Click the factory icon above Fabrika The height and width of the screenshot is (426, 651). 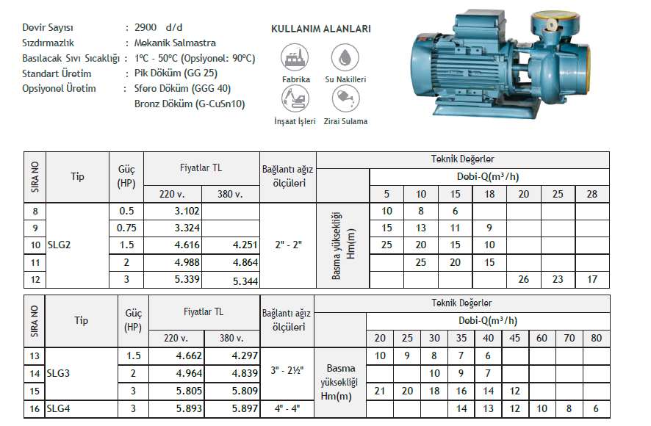[x=295, y=57]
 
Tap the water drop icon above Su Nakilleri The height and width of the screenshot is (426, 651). [x=345, y=57]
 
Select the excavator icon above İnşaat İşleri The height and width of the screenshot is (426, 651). [x=295, y=99]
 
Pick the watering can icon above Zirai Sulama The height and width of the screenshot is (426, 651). [x=345, y=99]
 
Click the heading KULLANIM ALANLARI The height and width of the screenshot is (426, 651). [x=321, y=29]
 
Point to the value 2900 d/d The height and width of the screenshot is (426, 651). [x=158, y=27]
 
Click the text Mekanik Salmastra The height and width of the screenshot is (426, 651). [x=175, y=43]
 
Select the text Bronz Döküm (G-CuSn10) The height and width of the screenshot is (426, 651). [x=190, y=104]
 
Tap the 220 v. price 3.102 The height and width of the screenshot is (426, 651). [x=187, y=211]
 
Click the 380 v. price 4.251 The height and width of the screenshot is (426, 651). [x=245, y=245]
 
